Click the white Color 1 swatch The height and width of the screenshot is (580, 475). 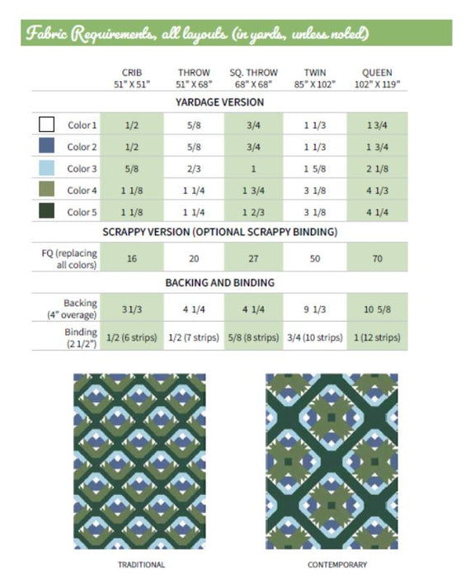click(47, 125)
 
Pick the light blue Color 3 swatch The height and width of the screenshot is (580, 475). click(47, 168)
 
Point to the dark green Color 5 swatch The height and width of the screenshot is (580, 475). click(47, 212)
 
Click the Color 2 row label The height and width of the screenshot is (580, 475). click(82, 147)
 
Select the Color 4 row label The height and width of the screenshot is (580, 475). click(82, 191)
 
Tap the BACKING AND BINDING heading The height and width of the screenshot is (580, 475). click(219, 282)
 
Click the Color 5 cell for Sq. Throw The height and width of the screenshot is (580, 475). click(254, 212)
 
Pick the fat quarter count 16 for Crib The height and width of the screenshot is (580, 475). click(131, 258)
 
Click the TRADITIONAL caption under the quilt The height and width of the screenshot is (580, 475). click(141, 564)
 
